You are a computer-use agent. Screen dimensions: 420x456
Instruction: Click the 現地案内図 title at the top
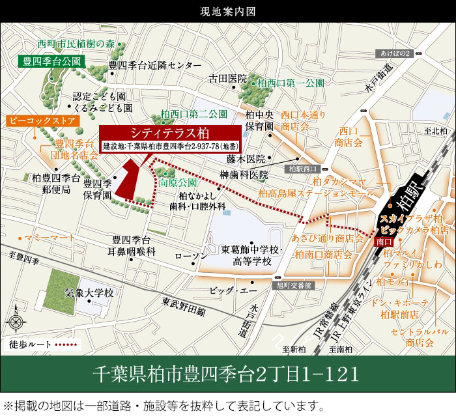tap(228, 11)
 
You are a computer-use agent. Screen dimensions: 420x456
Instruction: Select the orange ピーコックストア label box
tap(43, 121)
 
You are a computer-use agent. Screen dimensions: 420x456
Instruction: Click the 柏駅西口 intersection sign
tap(301, 168)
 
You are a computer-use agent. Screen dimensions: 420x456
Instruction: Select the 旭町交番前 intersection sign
tap(295, 285)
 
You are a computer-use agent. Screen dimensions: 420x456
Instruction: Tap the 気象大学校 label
tap(89, 293)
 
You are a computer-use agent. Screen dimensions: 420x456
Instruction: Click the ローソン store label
tap(191, 256)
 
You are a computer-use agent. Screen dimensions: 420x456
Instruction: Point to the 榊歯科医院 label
tap(244, 175)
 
